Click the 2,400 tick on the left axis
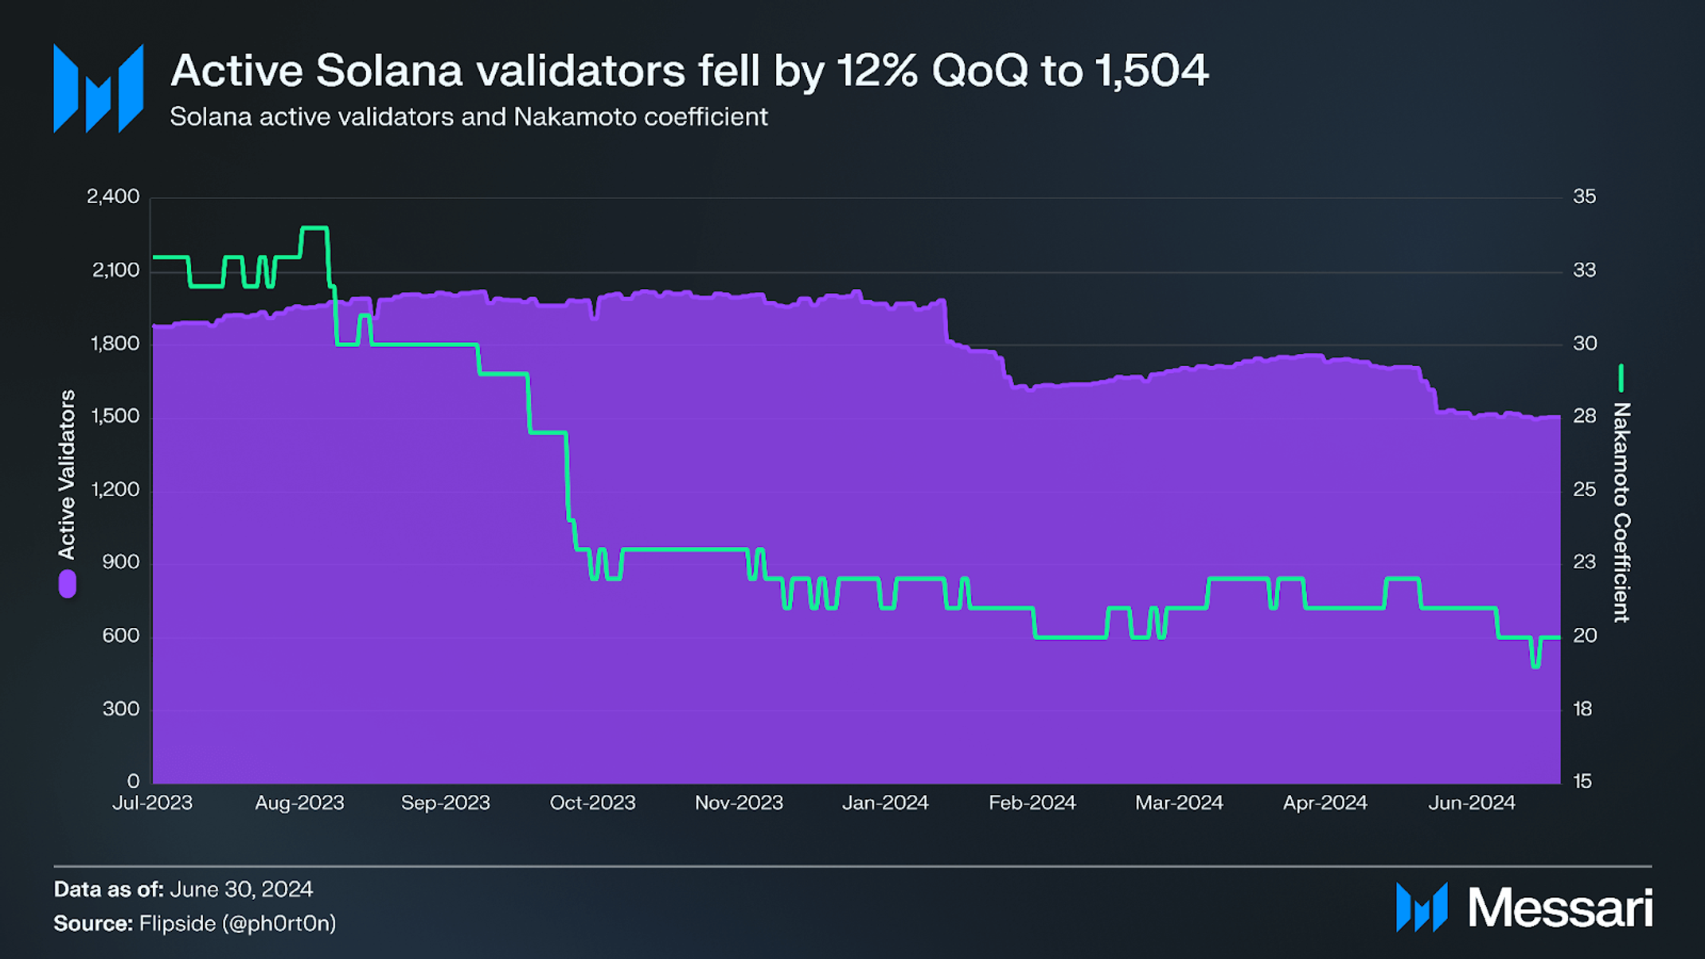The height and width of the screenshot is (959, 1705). coord(113,197)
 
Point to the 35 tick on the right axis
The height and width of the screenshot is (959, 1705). coord(1584,197)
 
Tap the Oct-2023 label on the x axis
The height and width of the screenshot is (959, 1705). coord(592,803)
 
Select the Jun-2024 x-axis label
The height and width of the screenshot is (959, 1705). coord(1471,803)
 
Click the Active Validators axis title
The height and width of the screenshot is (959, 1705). coord(67,474)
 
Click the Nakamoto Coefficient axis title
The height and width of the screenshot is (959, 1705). coord(1621,512)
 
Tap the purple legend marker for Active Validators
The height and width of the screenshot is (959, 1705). coord(68,583)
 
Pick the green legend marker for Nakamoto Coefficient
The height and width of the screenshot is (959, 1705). coord(1621,378)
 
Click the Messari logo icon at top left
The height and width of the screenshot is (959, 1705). coord(98,88)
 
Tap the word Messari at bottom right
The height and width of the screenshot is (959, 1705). coord(1560,908)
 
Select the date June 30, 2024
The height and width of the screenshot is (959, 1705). coord(241,889)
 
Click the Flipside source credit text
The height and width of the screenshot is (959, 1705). coord(237,923)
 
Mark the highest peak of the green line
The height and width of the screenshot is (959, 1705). coord(314,228)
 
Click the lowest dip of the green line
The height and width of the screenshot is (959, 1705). coord(1535,665)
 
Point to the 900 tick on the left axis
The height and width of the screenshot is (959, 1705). coord(121,563)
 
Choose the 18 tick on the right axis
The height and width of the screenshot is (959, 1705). coord(1582,709)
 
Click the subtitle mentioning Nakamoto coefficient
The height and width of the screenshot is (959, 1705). coord(468,117)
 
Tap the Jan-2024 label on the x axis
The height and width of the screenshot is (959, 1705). coord(885,803)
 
